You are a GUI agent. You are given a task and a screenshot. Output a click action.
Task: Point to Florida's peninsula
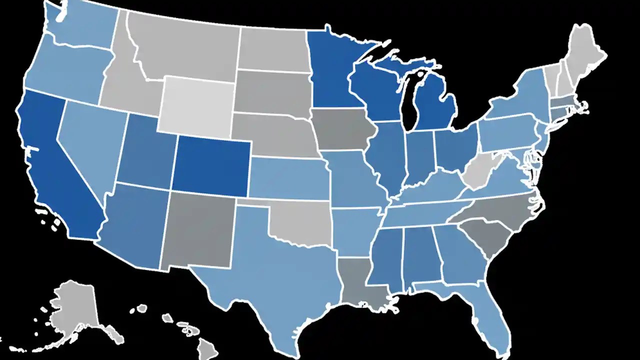[492, 320]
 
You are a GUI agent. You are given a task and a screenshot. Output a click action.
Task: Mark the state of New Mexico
[200, 230]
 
